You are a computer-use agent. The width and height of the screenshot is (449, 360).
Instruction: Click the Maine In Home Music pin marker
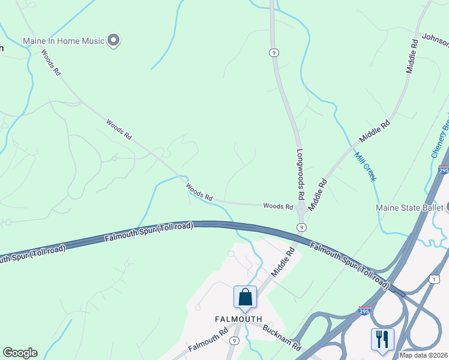pyautogui.click(x=114, y=41)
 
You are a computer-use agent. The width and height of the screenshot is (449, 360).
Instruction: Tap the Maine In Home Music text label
pyautogui.click(x=64, y=41)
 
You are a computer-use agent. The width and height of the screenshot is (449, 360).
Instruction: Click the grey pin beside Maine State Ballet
pyautogui.click(x=447, y=208)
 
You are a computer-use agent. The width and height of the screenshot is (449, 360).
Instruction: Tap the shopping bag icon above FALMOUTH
pyautogui.click(x=245, y=296)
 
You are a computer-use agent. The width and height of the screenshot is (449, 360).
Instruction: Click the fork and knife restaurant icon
pyautogui.click(x=382, y=338)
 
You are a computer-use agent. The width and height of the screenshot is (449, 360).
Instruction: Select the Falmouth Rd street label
pyautogui.click(x=208, y=340)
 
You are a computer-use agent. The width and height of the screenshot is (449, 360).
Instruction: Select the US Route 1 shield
pyautogui.click(x=434, y=278)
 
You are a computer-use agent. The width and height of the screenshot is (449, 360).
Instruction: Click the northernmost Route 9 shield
pyautogui.click(x=274, y=53)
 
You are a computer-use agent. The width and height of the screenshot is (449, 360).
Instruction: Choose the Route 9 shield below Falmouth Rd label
pyautogui.click(x=234, y=341)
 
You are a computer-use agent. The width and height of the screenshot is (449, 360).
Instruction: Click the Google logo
pyautogui.click(x=20, y=353)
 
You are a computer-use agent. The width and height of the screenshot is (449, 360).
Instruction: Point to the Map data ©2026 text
pyautogui.click(x=424, y=355)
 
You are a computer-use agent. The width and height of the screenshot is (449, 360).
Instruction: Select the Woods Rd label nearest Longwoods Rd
pyautogui.click(x=278, y=206)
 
